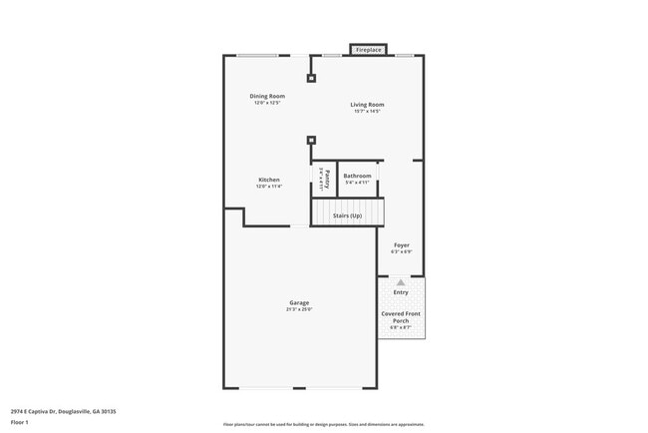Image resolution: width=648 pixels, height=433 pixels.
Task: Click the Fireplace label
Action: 369,49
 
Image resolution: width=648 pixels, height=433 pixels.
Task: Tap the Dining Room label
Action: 267,96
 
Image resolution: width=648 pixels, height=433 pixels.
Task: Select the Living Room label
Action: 367,104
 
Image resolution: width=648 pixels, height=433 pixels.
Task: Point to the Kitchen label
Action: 269,180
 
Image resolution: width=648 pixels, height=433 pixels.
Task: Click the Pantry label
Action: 327,181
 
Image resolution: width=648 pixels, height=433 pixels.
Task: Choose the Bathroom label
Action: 357,176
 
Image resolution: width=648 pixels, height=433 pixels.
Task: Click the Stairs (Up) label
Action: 347,215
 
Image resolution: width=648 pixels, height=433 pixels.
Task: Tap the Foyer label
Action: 401,244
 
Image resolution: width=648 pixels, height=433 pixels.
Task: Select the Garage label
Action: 299,302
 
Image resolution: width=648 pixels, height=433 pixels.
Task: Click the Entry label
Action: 401,292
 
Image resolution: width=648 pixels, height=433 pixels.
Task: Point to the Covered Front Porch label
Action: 401,317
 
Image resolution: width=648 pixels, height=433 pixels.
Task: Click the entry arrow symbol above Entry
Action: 401,282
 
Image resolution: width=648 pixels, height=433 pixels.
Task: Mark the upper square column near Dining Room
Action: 311,78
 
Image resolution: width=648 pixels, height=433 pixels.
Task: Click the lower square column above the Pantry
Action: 311,141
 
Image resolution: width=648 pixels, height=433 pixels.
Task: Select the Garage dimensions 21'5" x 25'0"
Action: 299,309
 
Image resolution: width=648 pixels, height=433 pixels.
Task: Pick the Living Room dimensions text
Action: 367,111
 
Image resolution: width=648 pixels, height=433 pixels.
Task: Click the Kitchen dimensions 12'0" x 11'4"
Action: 269,187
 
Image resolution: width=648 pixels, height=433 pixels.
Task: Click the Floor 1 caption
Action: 20,423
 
